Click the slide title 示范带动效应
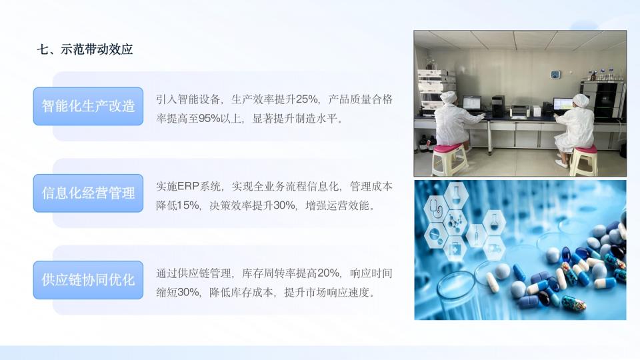tap(97, 49)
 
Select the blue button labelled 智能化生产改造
tap(88, 106)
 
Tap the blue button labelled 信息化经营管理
tap(88, 193)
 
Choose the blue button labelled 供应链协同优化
tap(88, 280)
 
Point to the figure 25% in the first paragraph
tap(306, 99)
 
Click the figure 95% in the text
tap(209, 119)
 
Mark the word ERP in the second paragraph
tap(188, 187)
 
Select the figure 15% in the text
tap(188, 205)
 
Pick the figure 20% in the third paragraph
tap(328, 273)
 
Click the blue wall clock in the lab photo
tap(555, 74)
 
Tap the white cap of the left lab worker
tap(449, 97)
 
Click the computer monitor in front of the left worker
tap(471, 103)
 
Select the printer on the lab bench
tap(520, 111)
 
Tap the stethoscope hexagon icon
tap(436, 209)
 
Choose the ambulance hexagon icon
tap(494, 248)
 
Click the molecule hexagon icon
tap(455, 223)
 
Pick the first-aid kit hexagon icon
tap(455, 248)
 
